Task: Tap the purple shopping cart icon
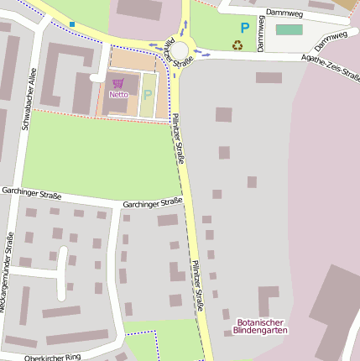pyautogui.click(x=117, y=83)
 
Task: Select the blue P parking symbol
pyautogui.click(x=245, y=28)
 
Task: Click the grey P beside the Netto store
pyautogui.click(x=148, y=95)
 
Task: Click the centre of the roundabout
pyautogui.click(x=180, y=51)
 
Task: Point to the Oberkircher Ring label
pyautogui.click(x=53, y=357)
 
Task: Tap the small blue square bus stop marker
pyautogui.click(x=72, y=23)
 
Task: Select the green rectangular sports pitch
pyautogui.click(x=289, y=30)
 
